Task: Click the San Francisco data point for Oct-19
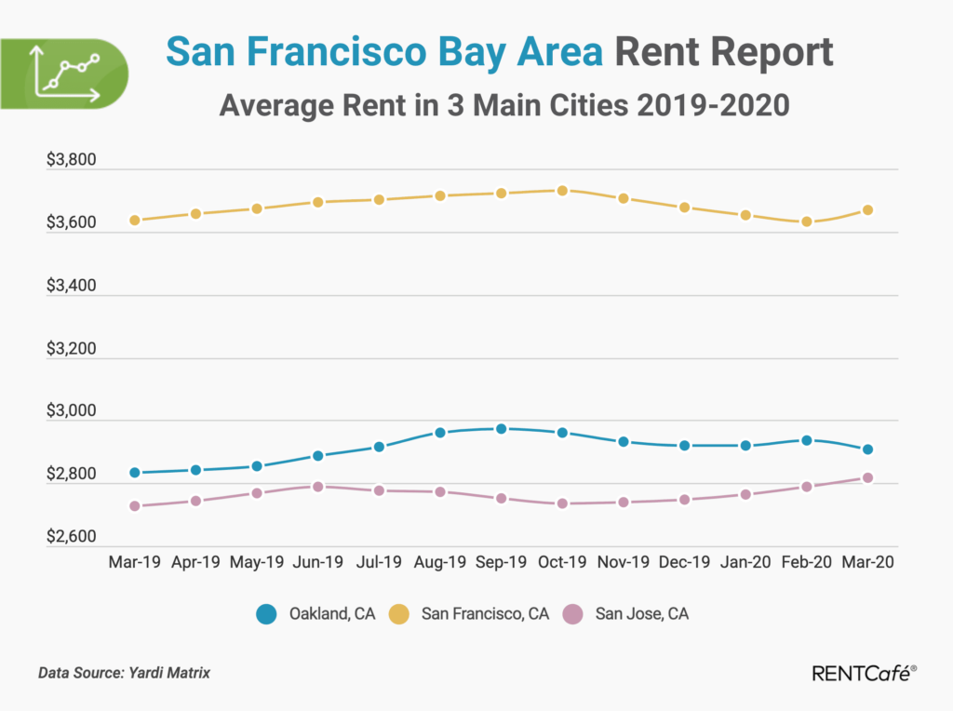coord(562,191)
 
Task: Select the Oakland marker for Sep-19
coord(501,429)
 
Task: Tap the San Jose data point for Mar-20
coord(867,478)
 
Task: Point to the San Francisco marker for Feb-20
coord(807,221)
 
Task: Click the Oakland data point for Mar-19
coord(135,473)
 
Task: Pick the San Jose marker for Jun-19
coord(317,487)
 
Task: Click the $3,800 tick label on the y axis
coord(72,161)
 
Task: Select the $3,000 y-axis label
coord(72,412)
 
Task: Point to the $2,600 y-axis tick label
coord(72,538)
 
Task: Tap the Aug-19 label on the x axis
coord(440,563)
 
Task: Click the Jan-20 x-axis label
coord(745,563)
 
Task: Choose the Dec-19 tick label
coord(684,563)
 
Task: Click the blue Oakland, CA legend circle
coord(267,614)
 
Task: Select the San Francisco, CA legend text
coord(485,614)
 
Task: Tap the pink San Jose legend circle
coord(573,614)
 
